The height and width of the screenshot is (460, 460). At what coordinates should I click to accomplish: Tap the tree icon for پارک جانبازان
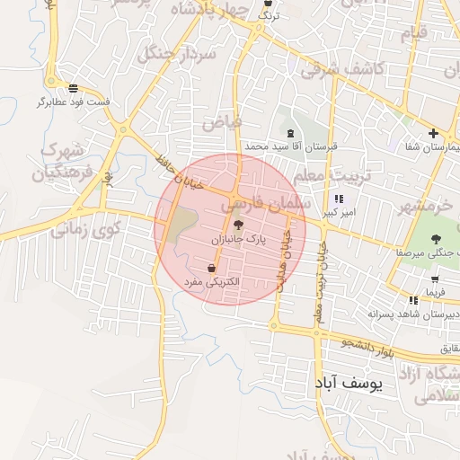point(238,226)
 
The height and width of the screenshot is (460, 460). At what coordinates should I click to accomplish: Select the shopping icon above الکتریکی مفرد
point(211,268)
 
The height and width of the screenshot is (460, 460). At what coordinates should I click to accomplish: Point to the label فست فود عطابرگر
point(74,102)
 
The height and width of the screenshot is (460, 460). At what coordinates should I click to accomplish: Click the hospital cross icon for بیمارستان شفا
point(433,133)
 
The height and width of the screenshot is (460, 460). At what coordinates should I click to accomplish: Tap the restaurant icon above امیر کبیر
point(339,199)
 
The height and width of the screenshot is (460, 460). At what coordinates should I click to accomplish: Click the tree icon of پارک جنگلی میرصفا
point(436,239)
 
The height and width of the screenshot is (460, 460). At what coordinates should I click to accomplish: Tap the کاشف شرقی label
point(344,67)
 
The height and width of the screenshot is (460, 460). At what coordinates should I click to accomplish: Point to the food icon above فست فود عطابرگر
point(74,88)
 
